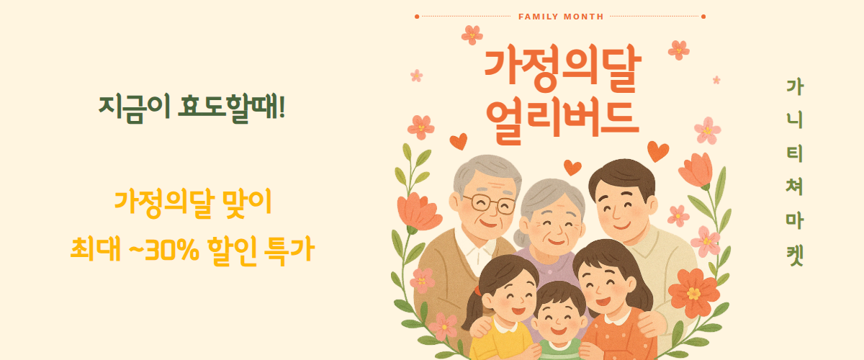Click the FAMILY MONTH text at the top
tap(561, 17)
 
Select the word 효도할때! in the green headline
tap(231, 109)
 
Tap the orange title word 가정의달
tap(562, 68)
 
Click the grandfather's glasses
tap(489, 204)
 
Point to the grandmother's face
tap(554, 225)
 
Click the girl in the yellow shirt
tap(501, 309)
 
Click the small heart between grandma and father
tap(572, 168)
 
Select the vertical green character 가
tap(795, 87)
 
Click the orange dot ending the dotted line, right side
tap(703, 17)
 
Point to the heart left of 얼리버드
tap(459, 142)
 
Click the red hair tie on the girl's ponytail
tap(478, 291)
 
